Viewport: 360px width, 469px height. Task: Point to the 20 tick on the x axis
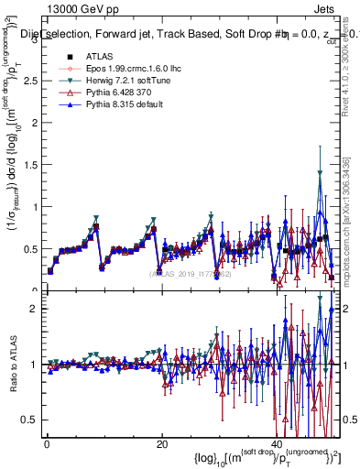tap(161, 443)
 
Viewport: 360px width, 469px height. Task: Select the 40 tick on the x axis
tap(276, 443)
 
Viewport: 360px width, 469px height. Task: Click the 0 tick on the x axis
tap(47, 443)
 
